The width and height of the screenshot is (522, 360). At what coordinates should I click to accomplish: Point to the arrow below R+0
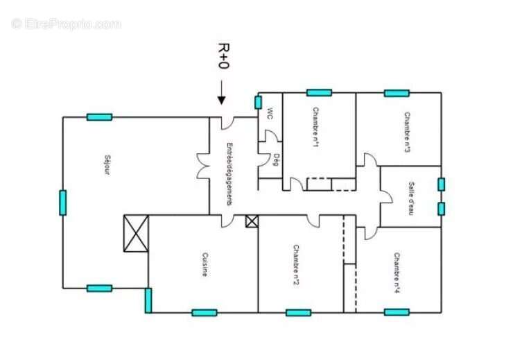(222, 93)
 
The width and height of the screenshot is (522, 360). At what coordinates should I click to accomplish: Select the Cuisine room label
(205, 264)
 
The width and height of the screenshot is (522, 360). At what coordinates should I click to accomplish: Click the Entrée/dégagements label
(229, 173)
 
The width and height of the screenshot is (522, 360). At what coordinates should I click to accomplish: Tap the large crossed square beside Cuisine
(135, 233)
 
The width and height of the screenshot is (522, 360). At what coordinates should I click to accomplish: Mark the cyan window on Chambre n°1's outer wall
(319, 92)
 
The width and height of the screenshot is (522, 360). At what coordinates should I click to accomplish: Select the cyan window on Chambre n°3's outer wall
(397, 92)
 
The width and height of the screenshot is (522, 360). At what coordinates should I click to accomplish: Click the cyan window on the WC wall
(258, 103)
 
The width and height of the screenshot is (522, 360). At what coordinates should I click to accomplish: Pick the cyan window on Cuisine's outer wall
(204, 312)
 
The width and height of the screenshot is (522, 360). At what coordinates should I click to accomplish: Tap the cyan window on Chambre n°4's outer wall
(397, 312)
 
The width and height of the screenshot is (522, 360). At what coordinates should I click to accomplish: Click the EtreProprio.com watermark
(66, 24)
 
